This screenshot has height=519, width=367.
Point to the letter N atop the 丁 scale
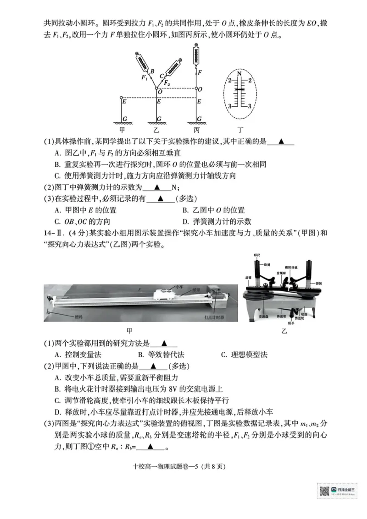click(239, 73)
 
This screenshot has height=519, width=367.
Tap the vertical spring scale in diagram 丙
click(197, 54)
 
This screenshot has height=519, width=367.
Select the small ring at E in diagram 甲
click(121, 98)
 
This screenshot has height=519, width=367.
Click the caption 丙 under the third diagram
click(197, 130)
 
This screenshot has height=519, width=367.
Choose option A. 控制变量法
click(78, 355)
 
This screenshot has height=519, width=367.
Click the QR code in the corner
click(324, 491)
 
